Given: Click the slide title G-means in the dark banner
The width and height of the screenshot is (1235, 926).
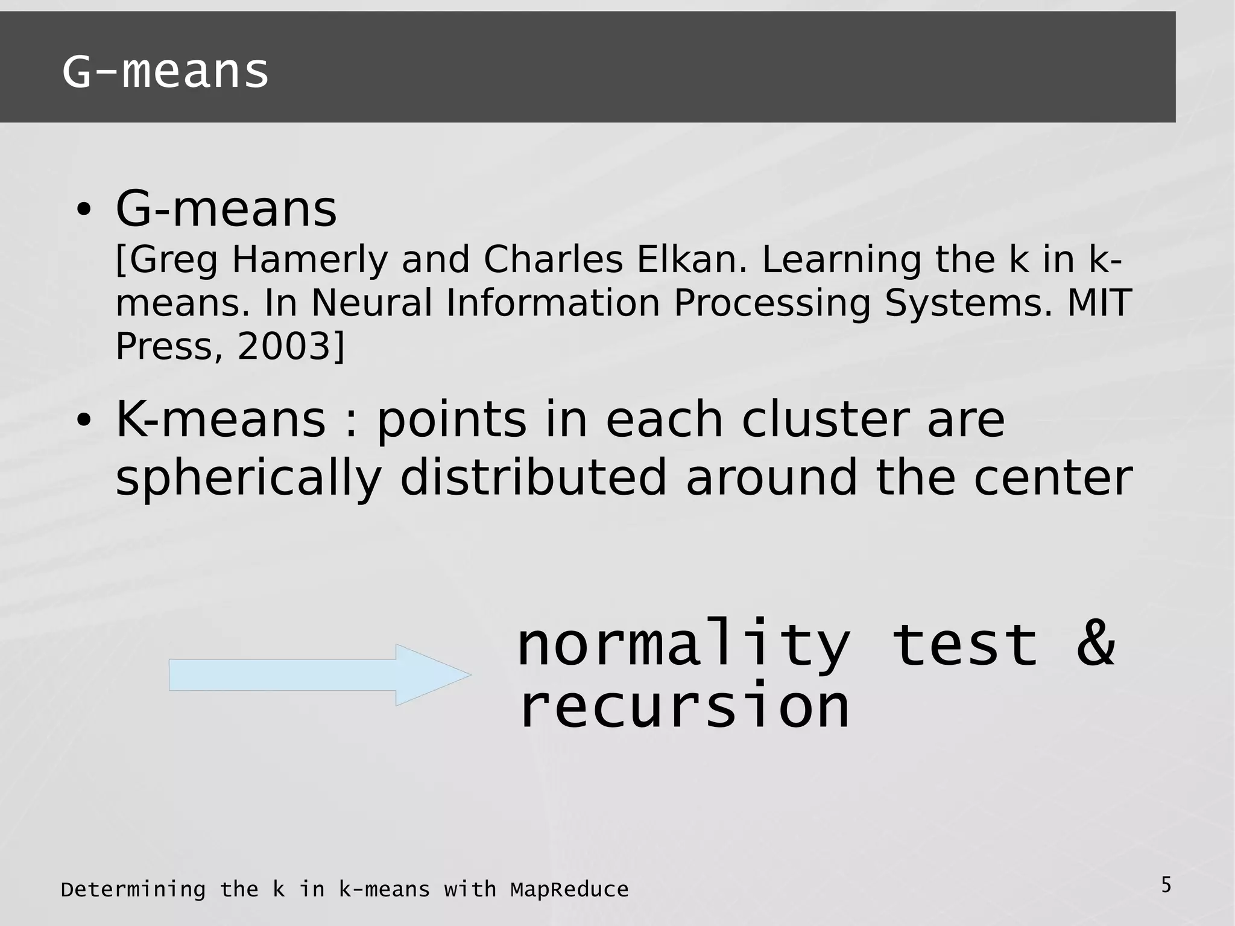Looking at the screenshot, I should pos(165,72).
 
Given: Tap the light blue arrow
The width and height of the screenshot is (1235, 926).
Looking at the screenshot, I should pos(319,675).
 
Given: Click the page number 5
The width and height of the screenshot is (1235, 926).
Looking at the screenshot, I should pos(1166,886).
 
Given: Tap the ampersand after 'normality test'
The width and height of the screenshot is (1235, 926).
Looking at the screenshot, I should pos(1096,644).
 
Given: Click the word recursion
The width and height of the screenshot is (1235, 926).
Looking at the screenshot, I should pos(684,706).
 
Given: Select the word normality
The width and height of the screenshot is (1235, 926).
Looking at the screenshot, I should pos(683,644).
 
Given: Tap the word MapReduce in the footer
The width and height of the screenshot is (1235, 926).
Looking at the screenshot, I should pos(569,890).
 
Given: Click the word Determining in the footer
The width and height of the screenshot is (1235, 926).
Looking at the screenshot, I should pos(133,890).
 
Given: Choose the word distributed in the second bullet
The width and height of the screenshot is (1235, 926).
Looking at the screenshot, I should pos(533,477).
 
